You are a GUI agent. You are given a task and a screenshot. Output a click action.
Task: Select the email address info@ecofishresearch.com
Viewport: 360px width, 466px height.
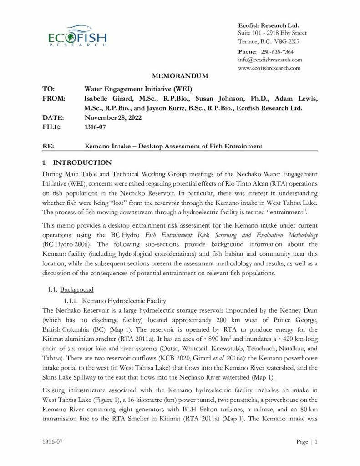[x=270, y=60]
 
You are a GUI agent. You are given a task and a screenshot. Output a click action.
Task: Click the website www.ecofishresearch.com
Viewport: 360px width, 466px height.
[x=269, y=68]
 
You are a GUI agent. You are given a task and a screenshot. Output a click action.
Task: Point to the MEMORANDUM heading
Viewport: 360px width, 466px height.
[x=180, y=76]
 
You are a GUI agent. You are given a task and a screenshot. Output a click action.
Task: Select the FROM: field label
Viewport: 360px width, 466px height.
[x=53, y=98]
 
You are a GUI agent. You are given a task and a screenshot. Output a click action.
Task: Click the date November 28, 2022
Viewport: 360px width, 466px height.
[x=113, y=118]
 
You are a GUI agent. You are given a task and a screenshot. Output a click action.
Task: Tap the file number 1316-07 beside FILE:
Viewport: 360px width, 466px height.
[x=95, y=127]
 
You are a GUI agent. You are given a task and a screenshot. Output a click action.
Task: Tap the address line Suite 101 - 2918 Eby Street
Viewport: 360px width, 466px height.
[x=272, y=33]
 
